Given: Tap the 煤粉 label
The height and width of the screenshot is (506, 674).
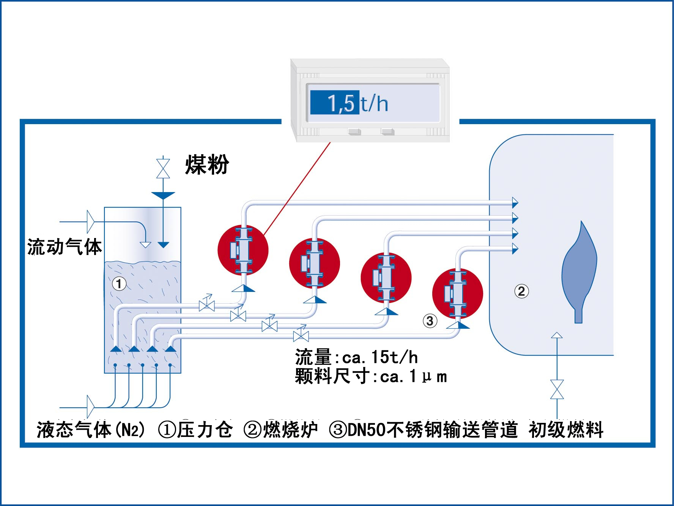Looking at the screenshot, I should pos(207,165).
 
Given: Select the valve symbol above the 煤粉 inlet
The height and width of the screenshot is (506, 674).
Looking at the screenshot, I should pos(163,168).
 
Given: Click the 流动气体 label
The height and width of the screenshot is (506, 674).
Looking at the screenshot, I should pos(65,247).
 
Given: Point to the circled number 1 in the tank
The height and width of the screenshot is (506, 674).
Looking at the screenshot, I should pos(119,284).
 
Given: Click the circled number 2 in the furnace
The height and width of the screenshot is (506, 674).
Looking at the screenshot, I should pos(521,291).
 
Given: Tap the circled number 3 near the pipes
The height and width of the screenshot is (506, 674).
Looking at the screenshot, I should pos(430,321).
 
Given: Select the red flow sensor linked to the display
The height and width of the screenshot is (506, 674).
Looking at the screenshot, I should pos(243,250).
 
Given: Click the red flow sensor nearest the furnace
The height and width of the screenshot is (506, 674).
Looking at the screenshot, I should pos(458,293).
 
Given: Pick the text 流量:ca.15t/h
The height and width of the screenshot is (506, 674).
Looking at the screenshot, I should pos(356,357).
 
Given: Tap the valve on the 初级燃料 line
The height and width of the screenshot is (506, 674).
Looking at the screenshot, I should pos(557,389).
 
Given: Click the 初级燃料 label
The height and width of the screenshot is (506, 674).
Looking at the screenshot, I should pos(566,430).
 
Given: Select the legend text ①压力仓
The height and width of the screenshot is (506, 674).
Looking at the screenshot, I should pos(195,430).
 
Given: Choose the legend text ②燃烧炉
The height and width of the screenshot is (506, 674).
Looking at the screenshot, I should pos(280,430).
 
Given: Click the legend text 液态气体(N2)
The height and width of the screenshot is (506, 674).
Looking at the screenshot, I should pos(91,430).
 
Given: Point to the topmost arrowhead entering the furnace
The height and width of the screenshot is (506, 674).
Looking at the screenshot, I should pos(515,203).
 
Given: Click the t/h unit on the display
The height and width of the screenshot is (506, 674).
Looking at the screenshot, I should pos(374,103).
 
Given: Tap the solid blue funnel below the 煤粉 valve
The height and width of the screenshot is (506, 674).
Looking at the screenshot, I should pos(163,195).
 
